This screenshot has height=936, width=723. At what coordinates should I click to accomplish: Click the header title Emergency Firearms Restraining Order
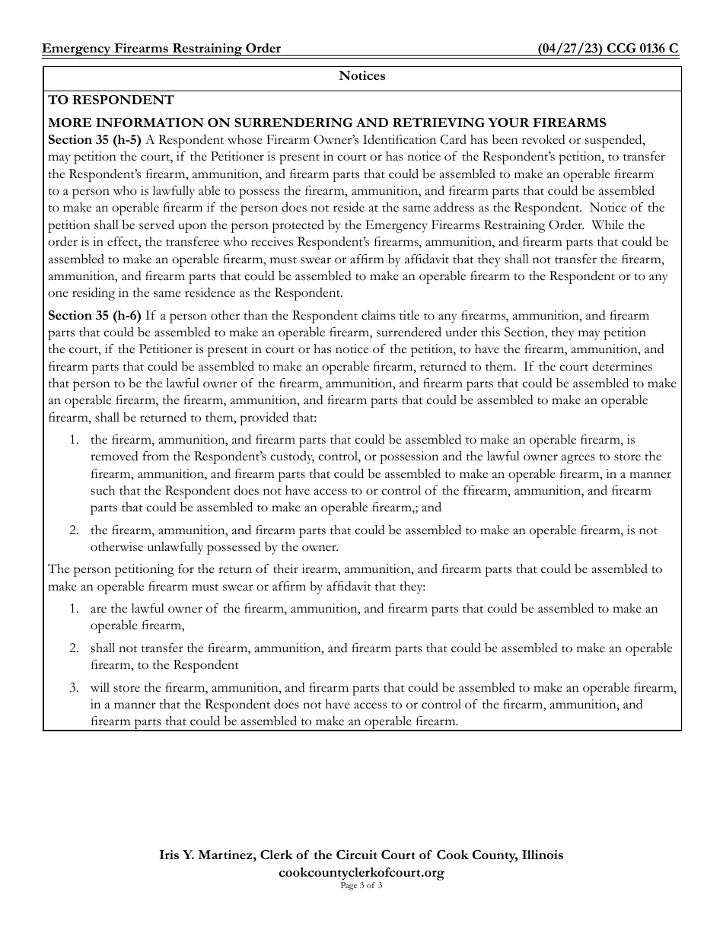[x=161, y=49]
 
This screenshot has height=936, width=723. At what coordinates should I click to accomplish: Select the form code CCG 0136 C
[x=643, y=49]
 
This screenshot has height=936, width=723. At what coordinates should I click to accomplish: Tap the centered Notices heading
[x=361, y=76]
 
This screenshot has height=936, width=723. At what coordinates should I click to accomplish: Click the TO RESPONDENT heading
[x=111, y=100]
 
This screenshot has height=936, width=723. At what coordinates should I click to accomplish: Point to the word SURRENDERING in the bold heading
[x=285, y=123]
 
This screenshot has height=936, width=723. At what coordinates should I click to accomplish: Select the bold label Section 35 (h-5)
[x=94, y=140]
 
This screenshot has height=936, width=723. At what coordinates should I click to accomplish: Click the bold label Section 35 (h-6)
[x=94, y=315]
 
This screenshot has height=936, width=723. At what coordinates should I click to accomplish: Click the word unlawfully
[x=171, y=547]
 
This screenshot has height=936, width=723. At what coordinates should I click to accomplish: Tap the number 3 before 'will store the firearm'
[x=74, y=687]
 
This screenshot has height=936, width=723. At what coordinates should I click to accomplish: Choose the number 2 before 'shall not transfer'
[x=74, y=648]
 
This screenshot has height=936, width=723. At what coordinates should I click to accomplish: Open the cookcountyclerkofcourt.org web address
[x=361, y=873]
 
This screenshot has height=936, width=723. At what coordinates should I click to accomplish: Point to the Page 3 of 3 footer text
[x=361, y=886]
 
